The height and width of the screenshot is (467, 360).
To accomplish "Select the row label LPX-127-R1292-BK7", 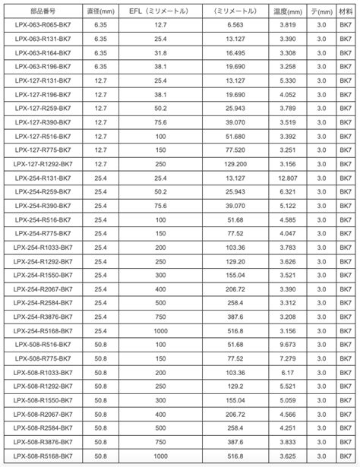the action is (43, 163).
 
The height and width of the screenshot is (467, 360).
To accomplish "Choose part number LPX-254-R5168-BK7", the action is (43, 330).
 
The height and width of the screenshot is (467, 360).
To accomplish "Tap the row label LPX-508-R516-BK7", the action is (43, 344).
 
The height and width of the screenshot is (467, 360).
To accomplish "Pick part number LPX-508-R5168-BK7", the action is (43, 456).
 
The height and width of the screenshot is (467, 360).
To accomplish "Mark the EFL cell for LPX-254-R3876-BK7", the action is (160, 317).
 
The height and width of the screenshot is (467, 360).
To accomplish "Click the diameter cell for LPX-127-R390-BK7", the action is (101, 121).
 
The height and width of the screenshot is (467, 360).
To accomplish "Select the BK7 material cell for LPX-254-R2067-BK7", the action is (346, 289).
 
